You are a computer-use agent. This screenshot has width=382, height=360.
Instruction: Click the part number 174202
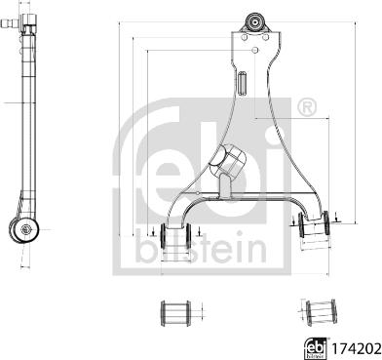[x=356, y=349]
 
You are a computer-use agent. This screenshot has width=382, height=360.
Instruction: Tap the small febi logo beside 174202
[x=316, y=348]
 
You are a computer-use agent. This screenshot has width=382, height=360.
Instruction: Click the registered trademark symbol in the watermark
[x=307, y=106]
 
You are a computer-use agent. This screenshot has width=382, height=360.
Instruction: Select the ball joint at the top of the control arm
[x=255, y=22]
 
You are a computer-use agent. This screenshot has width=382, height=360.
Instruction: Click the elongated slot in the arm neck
[x=243, y=83]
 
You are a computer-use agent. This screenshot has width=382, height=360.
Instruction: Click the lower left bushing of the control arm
[x=175, y=234]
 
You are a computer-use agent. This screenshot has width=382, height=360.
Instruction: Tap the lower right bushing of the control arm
[x=314, y=223]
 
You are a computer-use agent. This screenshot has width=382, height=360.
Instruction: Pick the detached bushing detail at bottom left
[x=175, y=313]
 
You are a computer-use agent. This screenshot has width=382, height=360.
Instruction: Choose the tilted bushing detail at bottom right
[x=322, y=313]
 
